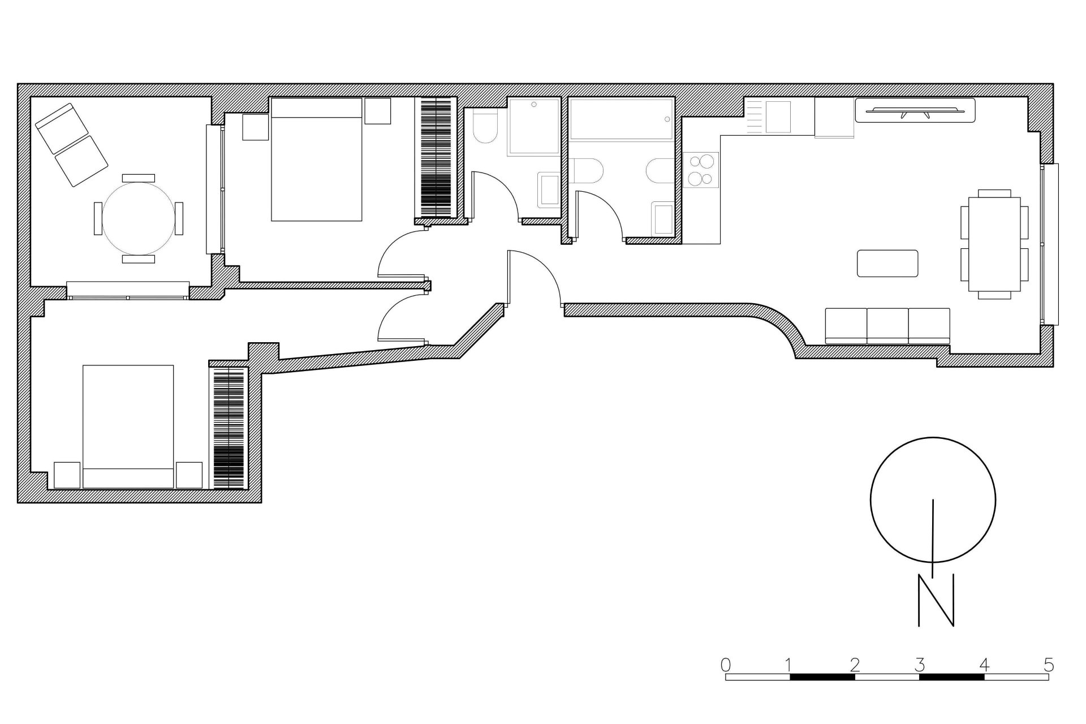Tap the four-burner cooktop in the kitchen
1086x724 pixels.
pyautogui.click(x=700, y=170)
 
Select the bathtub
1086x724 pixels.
pyautogui.click(x=621, y=119)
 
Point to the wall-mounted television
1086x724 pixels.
pyautogui.click(x=915, y=110)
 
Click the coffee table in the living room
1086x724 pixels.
pyautogui.click(x=887, y=264)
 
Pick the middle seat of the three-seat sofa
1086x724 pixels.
pyautogui.click(x=887, y=325)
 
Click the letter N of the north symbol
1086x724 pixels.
pyautogui.click(x=936, y=600)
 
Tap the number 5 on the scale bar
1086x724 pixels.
pyautogui.click(x=1048, y=664)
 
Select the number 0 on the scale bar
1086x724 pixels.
pyautogui.click(x=726, y=664)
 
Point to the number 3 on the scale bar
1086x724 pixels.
pyautogui.click(x=920, y=664)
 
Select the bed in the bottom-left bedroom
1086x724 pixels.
pyautogui.click(x=128, y=426)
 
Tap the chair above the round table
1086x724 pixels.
pyautogui.click(x=138, y=178)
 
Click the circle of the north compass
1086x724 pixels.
pyautogui.click(x=932, y=500)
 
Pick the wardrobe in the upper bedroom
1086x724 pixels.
pyautogui.click(x=436, y=158)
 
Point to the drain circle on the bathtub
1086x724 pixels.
pyautogui.click(x=667, y=119)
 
